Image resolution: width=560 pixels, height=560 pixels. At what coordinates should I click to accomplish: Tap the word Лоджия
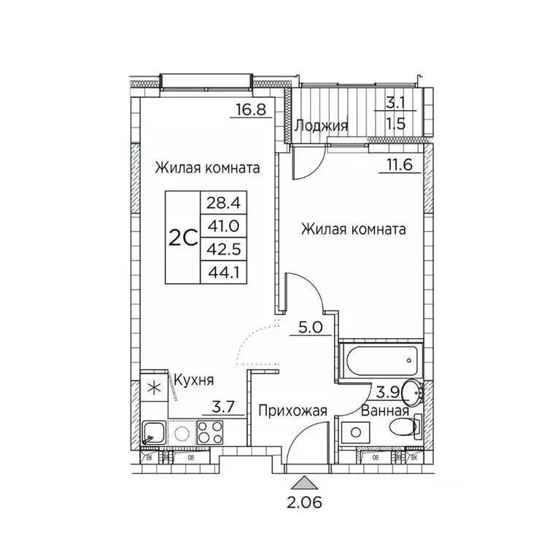321,125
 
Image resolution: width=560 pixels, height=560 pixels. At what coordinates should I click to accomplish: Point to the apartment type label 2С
183,237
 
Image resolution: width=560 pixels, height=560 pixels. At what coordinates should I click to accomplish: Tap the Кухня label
193,380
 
